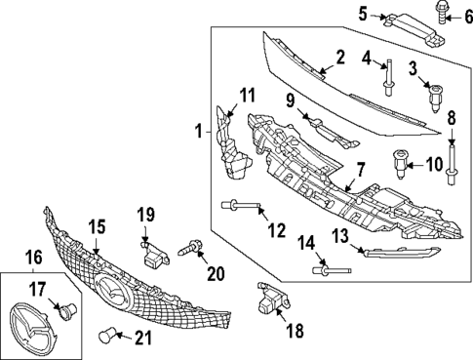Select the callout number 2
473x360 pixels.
[340, 59]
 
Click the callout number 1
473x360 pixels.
[199, 130]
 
